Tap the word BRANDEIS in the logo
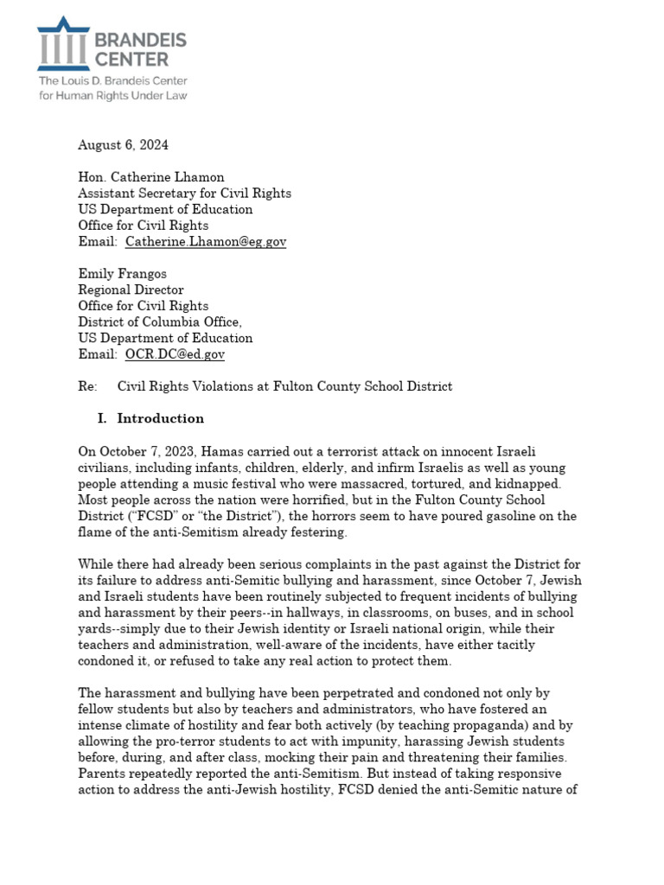[138, 40]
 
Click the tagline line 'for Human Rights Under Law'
[112, 95]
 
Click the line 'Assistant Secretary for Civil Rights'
[184, 193]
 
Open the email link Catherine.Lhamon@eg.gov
[205, 242]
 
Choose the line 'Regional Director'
[131, 290]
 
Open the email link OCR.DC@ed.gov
[175, 354]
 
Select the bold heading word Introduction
[161, 418]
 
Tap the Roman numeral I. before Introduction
[102, 418]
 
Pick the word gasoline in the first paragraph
[475, 516]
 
